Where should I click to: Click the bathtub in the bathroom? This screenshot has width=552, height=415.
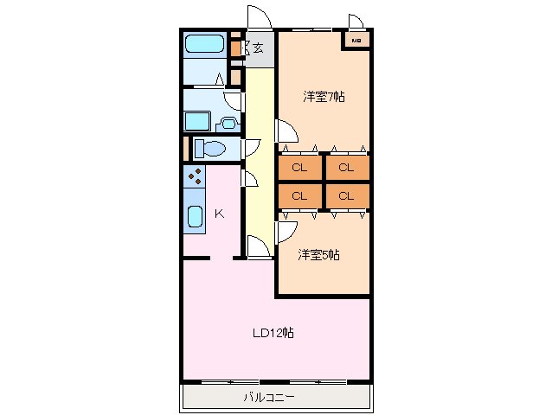pyautogui.click(x=204, y=44)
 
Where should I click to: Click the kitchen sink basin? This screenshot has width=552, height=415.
pyautogui.click(x=195, y=216)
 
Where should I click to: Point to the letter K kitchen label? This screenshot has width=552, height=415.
pyautogui.click(x=219, y=213)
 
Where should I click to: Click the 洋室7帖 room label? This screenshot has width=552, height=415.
pyautogui.click(x=324, y=97)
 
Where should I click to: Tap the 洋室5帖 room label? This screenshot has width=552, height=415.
pyautogui.click(x=318, y=254)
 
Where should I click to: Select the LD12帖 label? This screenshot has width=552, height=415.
pyautogui.click(x=273, y=332)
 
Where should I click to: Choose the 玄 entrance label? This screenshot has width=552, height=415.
pyautogui.click(x=258, y=48)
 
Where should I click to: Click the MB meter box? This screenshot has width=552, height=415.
pyautogui.click(x=356, y=40)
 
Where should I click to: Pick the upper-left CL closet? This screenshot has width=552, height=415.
pyautogui.click(x=299, y=167)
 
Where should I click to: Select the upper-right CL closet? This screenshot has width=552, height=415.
pyautogui.click(x=346, y=167)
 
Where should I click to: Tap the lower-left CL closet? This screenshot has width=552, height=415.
pyautogui.click(x=299, y=195)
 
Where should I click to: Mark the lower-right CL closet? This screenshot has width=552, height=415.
pyautogui.click(x=346, y=195)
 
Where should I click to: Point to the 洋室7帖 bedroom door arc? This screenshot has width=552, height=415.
pyautogui.click(x=286, y=131)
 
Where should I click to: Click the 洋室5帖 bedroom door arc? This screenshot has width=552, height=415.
pyautogui.click(x=286, y=232)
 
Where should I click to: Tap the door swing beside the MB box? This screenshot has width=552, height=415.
pyautogui.click(x=356, y=21)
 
